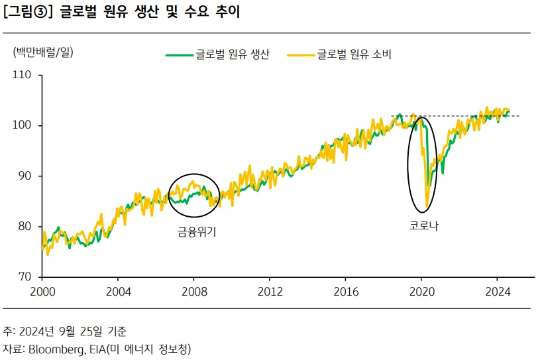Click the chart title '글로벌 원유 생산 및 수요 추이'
[150, 13]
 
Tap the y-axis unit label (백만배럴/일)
[43, 53]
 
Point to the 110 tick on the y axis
[23, 75]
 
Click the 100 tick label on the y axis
[23, 125]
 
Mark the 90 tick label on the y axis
[25, 176]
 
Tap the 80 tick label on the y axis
[25, 226]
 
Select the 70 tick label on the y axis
[25, 276]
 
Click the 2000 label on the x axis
[42, 291]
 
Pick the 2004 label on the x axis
[118, 291]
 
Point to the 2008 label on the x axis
[194, 291]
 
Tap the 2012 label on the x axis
[270, 291]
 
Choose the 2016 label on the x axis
[346, 291]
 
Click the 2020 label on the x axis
[422, 291]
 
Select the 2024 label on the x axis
[498, 291]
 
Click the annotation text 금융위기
[197, 231]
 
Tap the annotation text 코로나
[424, 225]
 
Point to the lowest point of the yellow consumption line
[427, 206]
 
